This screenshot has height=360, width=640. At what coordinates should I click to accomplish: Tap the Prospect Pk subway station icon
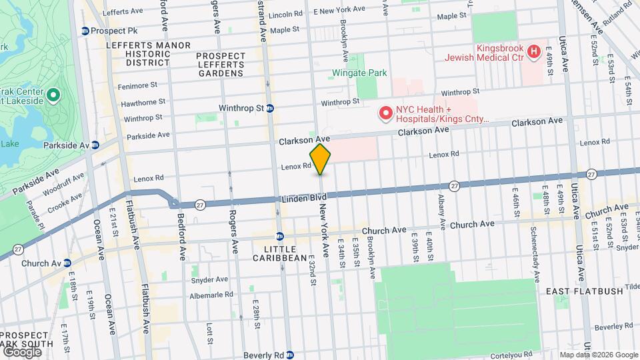point(85,31)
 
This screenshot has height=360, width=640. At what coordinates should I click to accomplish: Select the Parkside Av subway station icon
point(95,145)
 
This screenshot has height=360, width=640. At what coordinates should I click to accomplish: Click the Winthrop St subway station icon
point(270,108)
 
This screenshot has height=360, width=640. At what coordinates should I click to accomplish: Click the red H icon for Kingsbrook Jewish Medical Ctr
point(533,51)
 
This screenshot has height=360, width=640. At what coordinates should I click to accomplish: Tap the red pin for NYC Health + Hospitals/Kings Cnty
point(385,114)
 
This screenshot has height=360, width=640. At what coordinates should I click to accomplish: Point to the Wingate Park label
point(360,73)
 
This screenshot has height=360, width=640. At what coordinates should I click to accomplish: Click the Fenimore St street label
point(137,85)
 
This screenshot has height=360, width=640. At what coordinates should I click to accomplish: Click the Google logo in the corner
point(21,351)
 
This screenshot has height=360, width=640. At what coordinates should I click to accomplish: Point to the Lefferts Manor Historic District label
point(139,53)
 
